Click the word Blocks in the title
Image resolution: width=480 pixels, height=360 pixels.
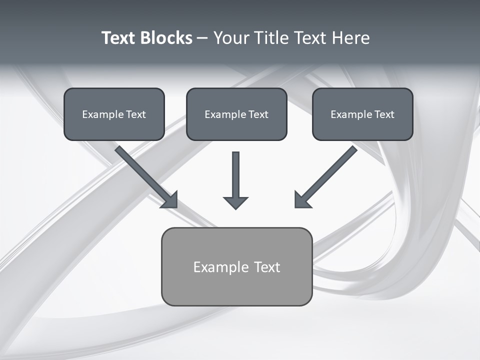[166, 38]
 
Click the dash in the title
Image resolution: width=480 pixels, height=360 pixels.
[202, 38]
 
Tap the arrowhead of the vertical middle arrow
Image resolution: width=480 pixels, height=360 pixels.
[235, 202]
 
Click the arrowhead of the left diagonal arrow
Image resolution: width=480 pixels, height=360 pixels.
[170, 200]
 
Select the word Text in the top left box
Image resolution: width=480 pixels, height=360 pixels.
[135, 114]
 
